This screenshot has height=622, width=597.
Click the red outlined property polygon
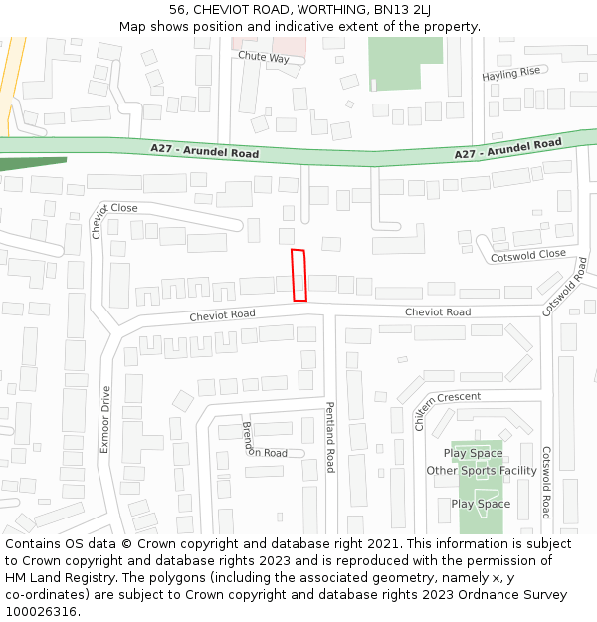(298, 275)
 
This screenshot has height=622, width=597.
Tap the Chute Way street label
(264, 58)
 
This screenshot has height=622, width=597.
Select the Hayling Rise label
(510, 74)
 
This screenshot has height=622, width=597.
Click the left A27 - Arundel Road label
(205, 152)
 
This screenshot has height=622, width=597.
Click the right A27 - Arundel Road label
(507, 149)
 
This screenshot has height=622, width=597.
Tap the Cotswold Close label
(528, 256)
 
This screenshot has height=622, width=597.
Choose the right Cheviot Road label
(438, 312)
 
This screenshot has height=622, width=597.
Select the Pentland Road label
(330, 438)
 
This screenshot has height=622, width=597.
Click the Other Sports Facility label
(482, 471)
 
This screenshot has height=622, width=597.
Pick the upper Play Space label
(473, 454)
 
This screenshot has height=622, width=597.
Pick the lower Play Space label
(481, 504)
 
